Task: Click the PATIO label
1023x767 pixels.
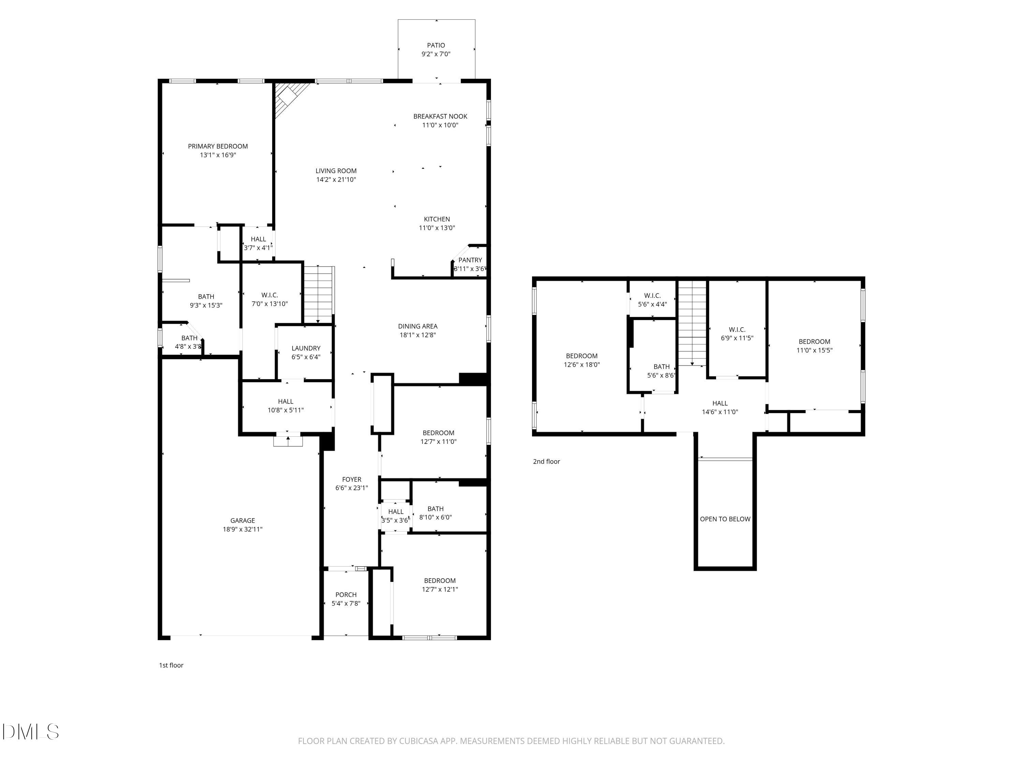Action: click(x=436, y=45)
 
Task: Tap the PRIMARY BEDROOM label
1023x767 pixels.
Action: click(x=218, y=146)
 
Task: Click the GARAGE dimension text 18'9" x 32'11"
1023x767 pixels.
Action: click(x=242, y=529)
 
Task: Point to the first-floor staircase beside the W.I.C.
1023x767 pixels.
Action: click(x=318, y=295)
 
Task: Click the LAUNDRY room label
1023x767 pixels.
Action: click(x=306, y=348)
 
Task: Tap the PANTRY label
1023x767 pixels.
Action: click(x=470, y=260)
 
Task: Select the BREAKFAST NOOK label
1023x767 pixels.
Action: click(x=440, y=117)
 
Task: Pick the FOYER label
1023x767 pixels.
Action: click(x=352, y=479)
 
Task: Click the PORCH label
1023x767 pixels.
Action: click(x=346, y=595)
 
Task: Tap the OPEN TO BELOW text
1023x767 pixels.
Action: click(x=725, y=519)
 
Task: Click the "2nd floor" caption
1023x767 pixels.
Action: click(x=546, y=462)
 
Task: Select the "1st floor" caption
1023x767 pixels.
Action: click(x=171, y=665)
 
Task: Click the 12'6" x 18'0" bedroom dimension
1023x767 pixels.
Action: click(x=581, y=364)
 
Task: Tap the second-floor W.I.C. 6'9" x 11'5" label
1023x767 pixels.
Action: click(x=737, y=333)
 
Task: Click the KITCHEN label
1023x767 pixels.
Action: click(x=436, y=219)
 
